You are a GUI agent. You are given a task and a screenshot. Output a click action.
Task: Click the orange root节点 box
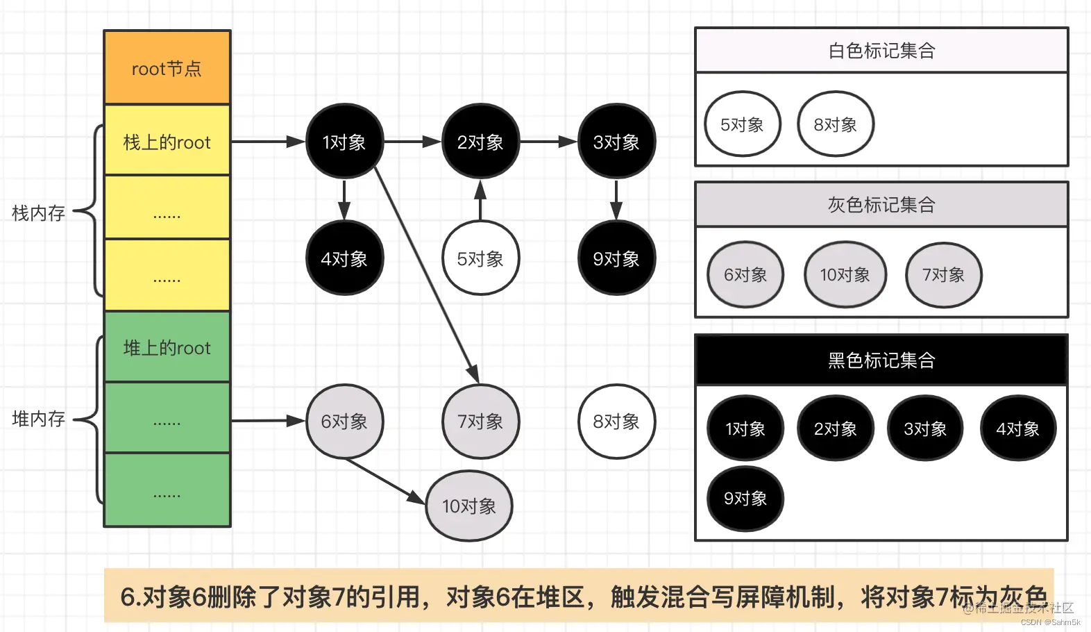(167, 68)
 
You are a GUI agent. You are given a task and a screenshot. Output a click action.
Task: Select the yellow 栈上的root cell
(167, 142)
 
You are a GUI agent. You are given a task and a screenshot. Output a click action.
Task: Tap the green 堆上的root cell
(167, 347)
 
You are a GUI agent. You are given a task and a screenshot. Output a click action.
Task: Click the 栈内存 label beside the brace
(39, 213)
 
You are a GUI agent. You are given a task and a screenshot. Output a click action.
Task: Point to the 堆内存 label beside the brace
(39, 418)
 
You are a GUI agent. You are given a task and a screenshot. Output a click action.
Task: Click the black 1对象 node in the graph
(344, 142)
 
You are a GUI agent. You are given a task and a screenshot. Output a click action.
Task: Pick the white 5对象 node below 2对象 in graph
(480, 258)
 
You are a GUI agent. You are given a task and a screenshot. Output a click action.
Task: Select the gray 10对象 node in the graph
(469, 506)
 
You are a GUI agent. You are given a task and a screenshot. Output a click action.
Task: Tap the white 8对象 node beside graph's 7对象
(616, 421)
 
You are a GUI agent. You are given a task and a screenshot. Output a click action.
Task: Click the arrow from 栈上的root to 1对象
(267, 142)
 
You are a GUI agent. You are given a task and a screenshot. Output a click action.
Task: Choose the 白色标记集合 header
(881, 51)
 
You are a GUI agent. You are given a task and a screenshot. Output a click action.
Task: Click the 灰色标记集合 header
(881, 205)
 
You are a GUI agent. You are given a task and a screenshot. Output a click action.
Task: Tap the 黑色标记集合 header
(881, 360)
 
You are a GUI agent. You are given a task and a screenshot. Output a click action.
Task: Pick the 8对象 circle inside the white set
(836, 124)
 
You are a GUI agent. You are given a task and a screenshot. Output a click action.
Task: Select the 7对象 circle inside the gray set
(944, 275)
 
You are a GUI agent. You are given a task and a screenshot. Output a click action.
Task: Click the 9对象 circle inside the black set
(745, 499)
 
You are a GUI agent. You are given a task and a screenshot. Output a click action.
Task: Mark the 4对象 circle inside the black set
(1018, 429)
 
